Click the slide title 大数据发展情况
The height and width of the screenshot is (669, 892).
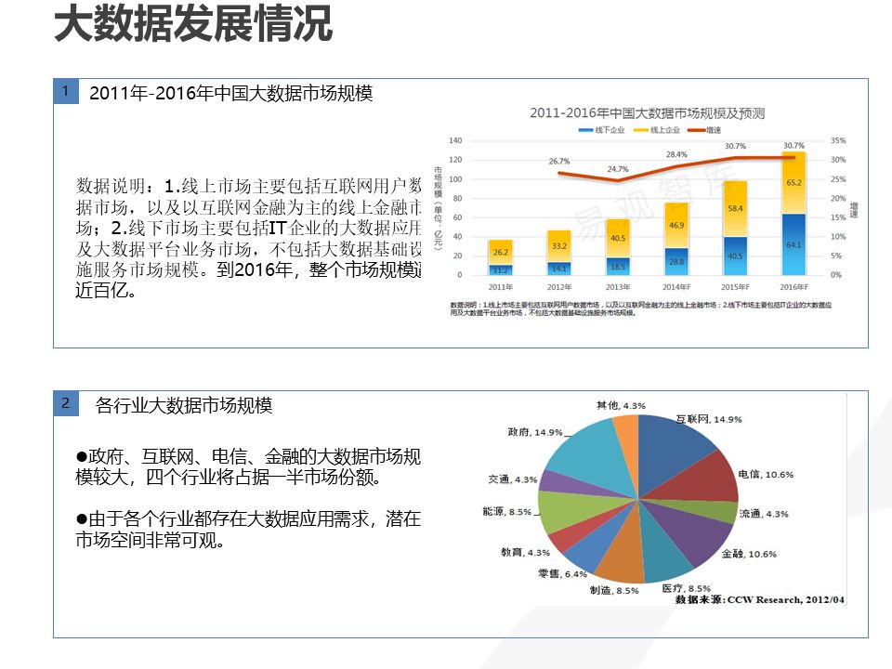(x=193, y=24)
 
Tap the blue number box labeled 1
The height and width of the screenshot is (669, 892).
(x=65, y=91)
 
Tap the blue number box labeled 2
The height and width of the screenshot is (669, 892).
(x=65, y=403)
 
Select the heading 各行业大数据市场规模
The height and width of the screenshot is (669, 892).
(x=184, y=405)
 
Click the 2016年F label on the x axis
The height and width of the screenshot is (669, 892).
(x=794, y=288)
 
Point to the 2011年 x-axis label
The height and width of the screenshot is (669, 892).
(x=500, y=288)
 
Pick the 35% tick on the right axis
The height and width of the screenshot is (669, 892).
(x=837, y=140)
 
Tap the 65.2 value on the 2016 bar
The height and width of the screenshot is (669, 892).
(x=794, y=183)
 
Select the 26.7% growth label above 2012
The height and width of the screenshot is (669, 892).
(x=558, y=161)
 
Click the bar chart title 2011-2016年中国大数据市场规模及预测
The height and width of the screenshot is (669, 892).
(x=648, y=113)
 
